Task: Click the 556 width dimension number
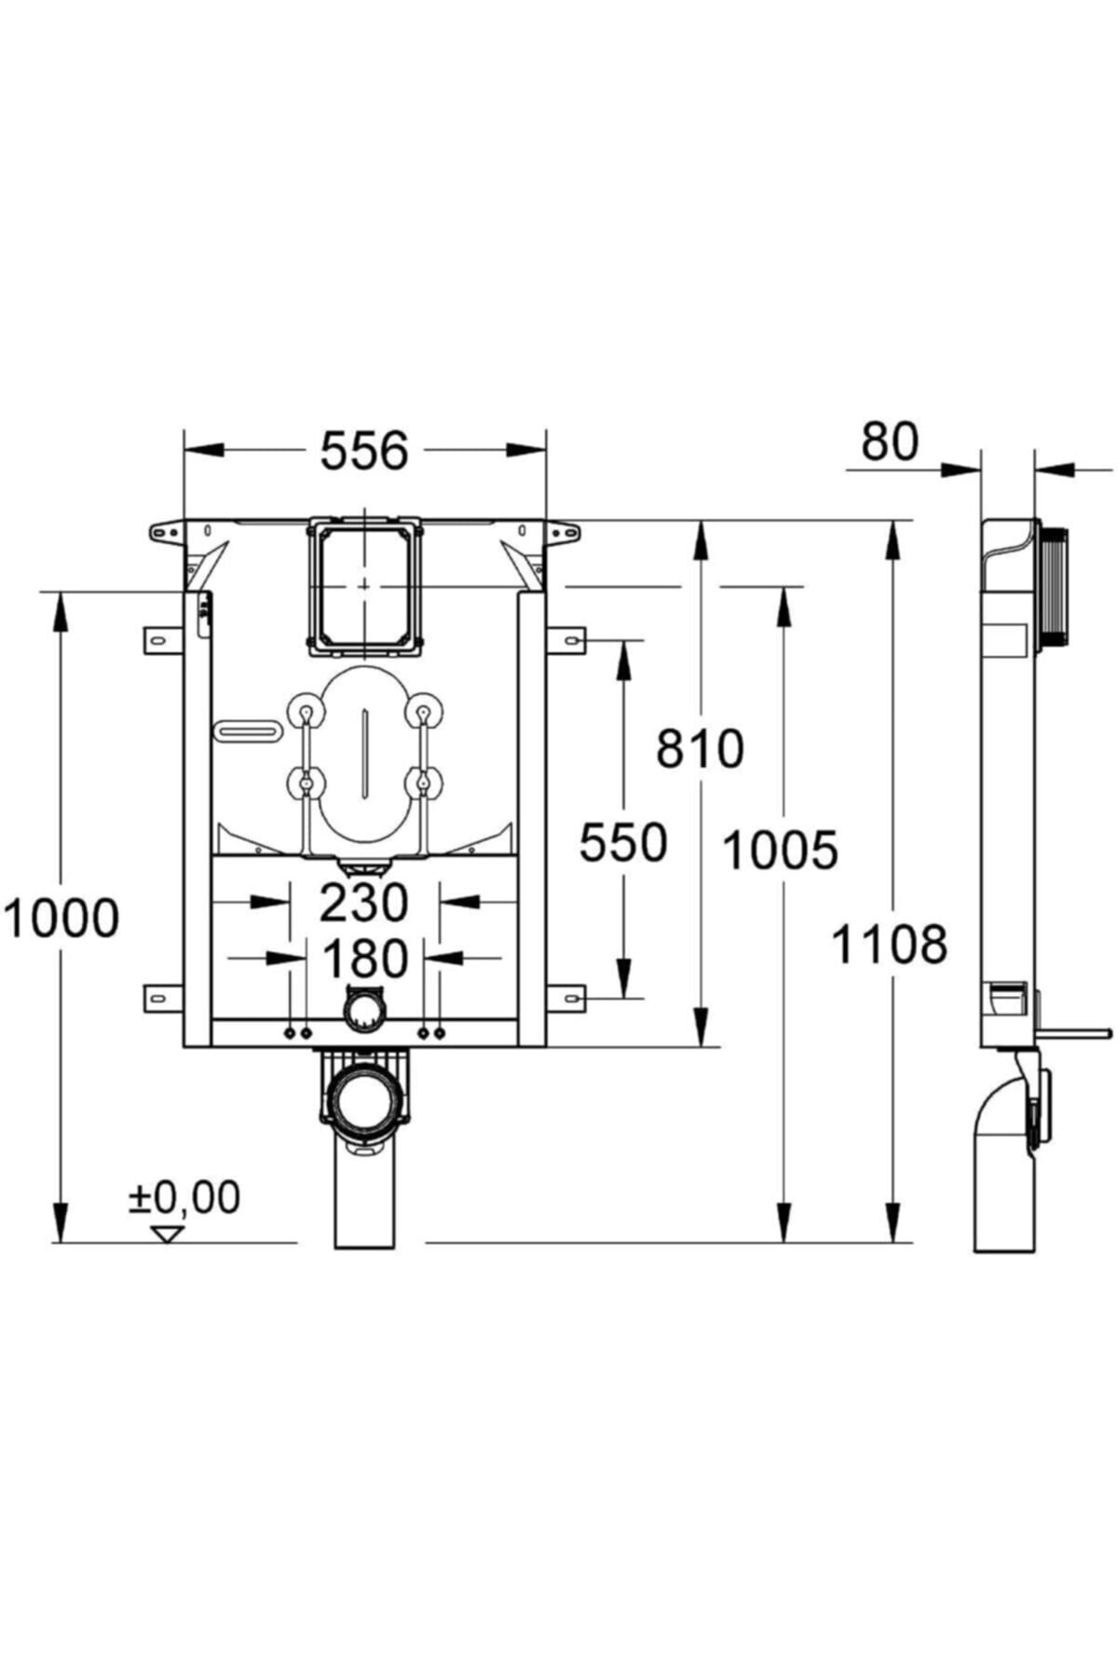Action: tap(364, 451)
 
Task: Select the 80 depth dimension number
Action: tap(889, 442)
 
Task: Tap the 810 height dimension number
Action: tap(700, 748)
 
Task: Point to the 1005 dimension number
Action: tap(780, 850)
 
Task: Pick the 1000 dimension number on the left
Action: tap(61, 918)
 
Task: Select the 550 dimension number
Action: tap(622, 843)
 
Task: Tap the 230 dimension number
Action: tap(363, 902)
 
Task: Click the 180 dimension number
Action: tap(364, 959)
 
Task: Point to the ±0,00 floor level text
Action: tap(184, 1197)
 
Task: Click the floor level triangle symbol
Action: tap(169, 1234)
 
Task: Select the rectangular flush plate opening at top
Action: tap(364, 584)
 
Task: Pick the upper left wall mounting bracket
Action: tap(161, 641)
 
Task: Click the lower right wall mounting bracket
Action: tap(567, 998)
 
